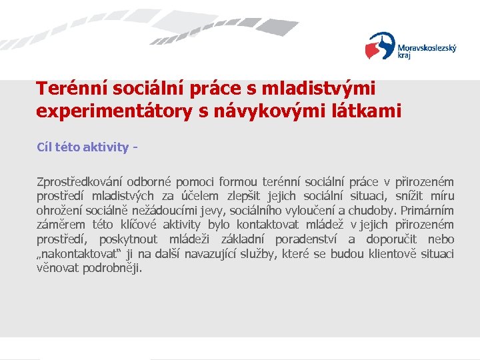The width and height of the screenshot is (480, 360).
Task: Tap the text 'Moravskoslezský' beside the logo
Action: [x=427, y=48]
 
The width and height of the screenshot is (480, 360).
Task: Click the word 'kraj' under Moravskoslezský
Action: [x=405, y=57]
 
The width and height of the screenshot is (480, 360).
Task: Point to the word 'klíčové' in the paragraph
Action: [x=137, y=225]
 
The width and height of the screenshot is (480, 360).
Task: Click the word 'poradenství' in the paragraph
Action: [x=303, y=240]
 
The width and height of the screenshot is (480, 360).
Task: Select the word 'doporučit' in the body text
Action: [x=391, y=240]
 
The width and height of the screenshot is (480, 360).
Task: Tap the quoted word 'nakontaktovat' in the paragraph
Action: [x=75, y=255]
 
